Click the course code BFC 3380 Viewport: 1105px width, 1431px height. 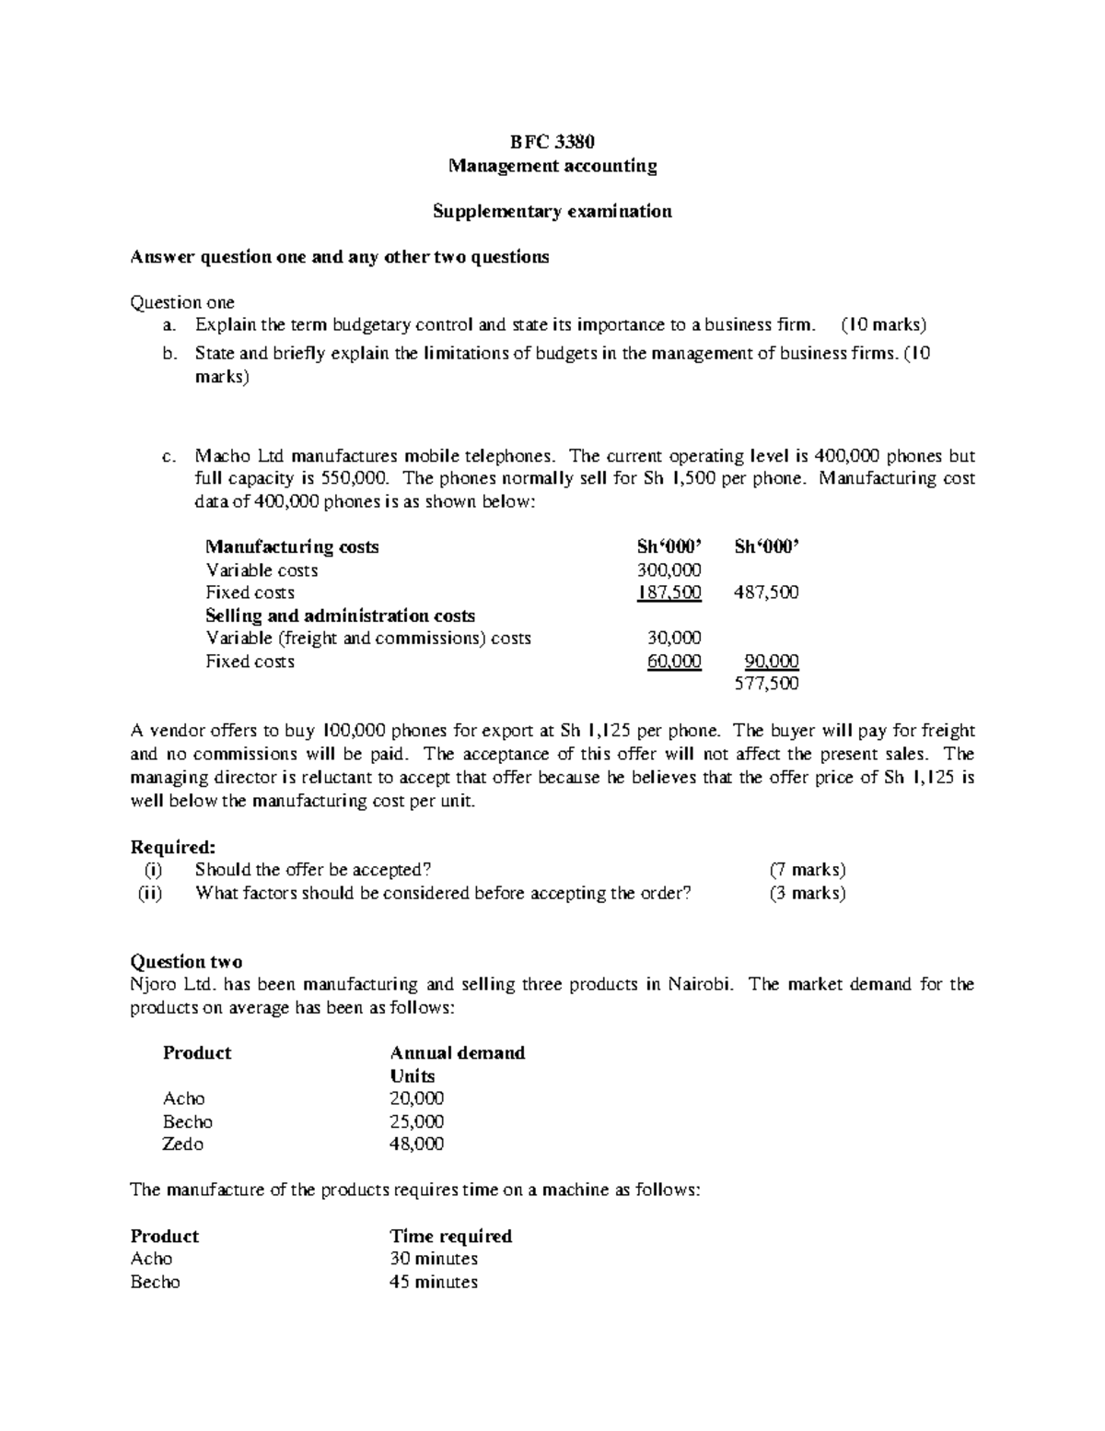coord(552,142)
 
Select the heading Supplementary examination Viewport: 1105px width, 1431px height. coord(552,211)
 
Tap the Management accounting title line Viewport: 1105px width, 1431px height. coord(552,166)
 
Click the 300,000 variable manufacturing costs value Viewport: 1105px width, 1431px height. coord(669,570)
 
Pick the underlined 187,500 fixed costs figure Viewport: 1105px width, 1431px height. coord(669,592)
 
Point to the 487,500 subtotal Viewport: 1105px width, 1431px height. coord(766,592)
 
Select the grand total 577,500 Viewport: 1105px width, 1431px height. coord(766,684)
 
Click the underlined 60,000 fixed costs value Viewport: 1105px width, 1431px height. coord(674,662)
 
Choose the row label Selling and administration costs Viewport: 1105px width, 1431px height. coord(340,616)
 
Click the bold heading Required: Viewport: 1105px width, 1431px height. coord(173,847)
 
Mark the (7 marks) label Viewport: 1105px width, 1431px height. coord(807,870)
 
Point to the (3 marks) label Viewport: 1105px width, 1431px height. coord(807,893)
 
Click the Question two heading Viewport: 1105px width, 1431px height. coord(187,962)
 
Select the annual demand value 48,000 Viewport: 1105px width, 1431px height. coord(416,1144)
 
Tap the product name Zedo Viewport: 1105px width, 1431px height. coord(183,1144)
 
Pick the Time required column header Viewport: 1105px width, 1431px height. coord(450,1237)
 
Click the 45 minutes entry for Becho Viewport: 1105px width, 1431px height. coord(434,1283)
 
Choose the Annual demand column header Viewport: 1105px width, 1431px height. coord(457,1053)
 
